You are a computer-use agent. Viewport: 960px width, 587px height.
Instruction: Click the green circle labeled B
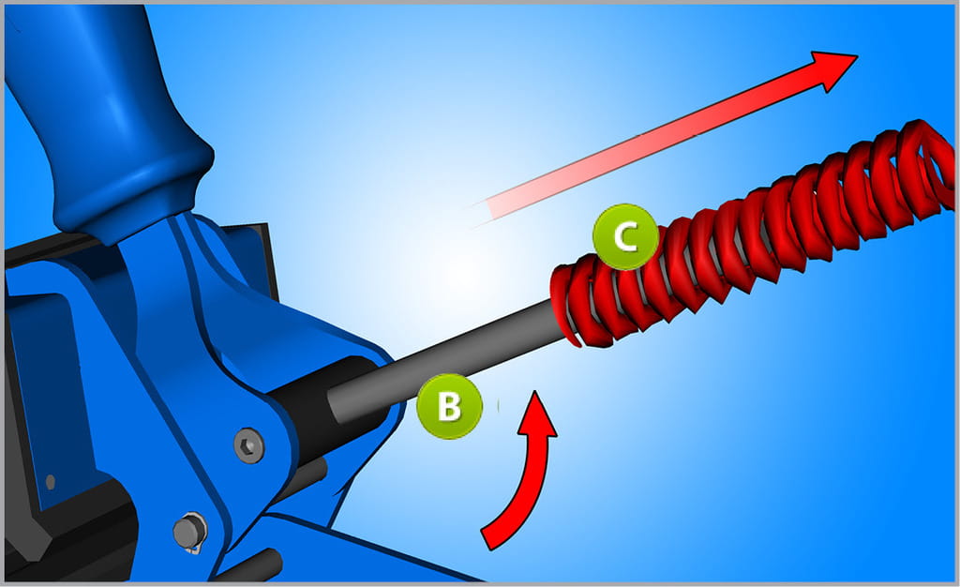coord(449,406)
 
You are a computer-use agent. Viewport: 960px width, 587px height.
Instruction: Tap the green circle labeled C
coord(625,237)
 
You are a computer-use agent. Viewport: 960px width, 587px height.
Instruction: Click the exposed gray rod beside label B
coord(447,361)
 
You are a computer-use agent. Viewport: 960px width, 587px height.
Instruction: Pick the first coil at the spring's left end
coord(566,303)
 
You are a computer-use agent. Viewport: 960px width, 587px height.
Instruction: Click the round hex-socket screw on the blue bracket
coord(249,445)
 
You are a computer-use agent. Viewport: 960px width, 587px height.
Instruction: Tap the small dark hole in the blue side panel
coord(51,481)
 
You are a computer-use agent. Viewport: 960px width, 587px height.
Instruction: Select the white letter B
coord(449,406)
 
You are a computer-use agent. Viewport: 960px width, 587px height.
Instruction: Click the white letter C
coord(625,237)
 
